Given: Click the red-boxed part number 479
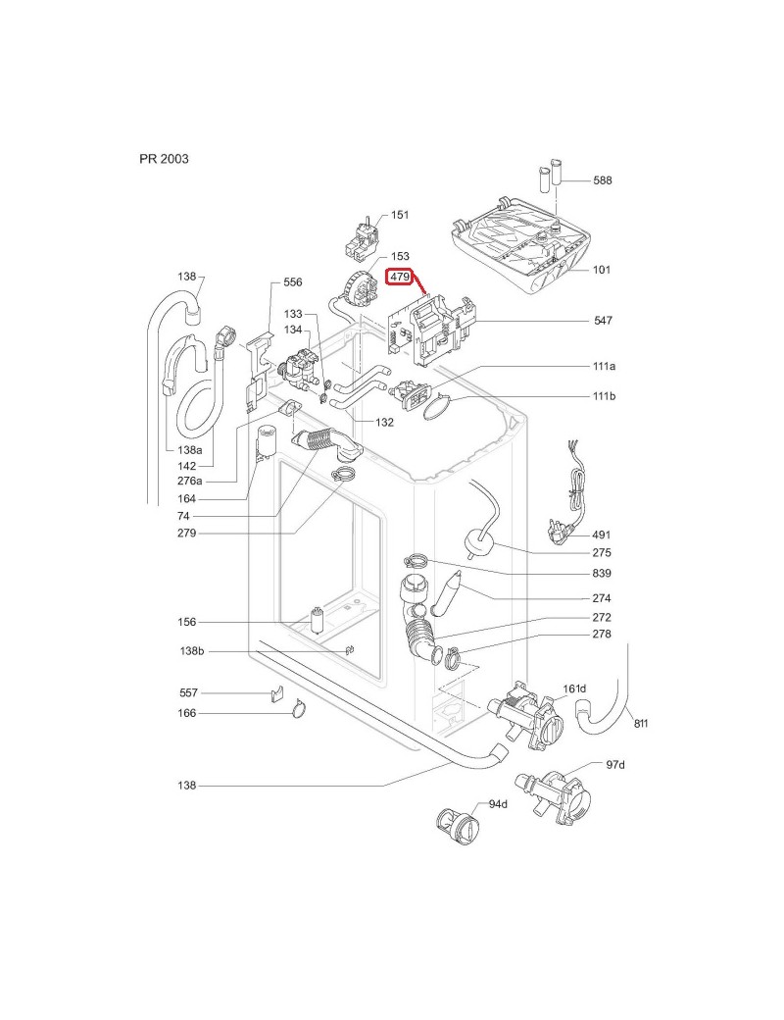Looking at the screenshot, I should pos(400,278).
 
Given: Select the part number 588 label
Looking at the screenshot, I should pos(602,180).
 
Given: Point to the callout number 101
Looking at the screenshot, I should pos(600,270).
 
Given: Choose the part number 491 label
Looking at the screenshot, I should pos(602,535).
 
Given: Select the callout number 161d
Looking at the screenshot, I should pos(574,688).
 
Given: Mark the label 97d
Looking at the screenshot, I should pos(615,764).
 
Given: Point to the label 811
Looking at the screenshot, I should pos(641,724).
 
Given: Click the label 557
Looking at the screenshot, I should pos(188,692).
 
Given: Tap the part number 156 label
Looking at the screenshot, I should pos(186,622).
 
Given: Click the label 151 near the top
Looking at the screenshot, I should pos(400,215).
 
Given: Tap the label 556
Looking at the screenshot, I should pos(292,282).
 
